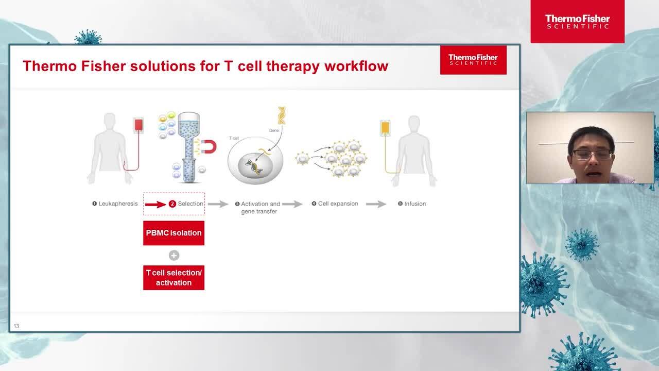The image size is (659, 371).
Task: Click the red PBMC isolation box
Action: [174, 233]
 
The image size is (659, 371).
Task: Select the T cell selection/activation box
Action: [174, 278]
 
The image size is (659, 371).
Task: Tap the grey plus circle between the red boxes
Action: [174, 255]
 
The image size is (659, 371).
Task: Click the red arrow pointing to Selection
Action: [155, 205]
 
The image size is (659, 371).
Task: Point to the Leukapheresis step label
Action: [115, 204]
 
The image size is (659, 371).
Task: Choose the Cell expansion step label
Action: [335, 204]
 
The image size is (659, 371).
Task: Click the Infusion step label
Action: [412, 204]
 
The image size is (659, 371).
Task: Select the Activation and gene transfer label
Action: [258, 208]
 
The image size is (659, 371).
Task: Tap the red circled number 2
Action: [172, 204]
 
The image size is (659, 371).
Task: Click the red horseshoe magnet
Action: [210, 147]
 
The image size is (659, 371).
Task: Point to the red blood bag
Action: [138, 125]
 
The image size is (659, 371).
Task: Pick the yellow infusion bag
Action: [385, 128]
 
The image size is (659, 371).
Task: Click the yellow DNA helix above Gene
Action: [282, 115]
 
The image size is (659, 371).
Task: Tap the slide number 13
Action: [16, 326]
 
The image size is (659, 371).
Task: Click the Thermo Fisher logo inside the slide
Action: [473, 60]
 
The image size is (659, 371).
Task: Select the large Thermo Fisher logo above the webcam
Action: [578, 22]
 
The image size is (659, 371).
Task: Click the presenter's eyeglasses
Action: [592, 155]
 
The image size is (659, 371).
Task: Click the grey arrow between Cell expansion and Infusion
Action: [376, 204]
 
